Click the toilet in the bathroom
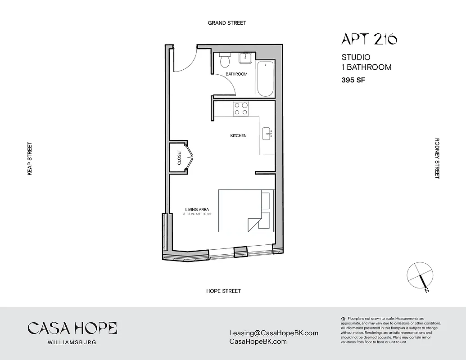tap(224, 60)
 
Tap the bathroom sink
tap(246, 58)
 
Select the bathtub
tap(266, 79)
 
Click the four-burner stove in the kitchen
tap(241, 108)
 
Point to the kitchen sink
tap(267, 132)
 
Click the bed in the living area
tap(246, 211)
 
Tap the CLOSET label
tap(179, 157)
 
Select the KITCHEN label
tap(238, 135)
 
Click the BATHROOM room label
tap(236, 74)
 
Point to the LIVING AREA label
tap(197, 210)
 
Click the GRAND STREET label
tap(227, 22)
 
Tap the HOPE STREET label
tap(223, 291)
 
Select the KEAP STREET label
tap(30, 158)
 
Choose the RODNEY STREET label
tap(436, 158)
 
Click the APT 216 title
tap(369, 40)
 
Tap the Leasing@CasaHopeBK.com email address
tap(273, 333)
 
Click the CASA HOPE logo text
tap(72, 328)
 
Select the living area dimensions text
tap(197, 214)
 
